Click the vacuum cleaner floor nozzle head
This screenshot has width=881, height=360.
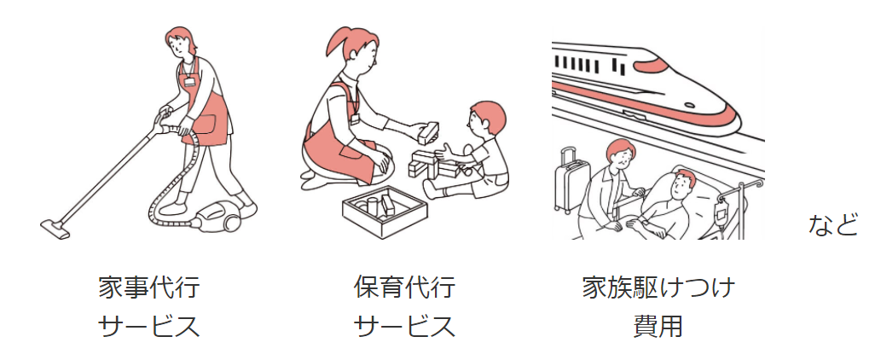pos(55,229)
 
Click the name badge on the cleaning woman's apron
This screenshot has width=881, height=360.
pos(189,81)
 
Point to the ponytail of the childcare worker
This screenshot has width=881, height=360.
pos(338,43)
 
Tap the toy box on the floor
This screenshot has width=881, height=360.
pos(385,211)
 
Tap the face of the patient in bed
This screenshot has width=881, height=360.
pos(681,188)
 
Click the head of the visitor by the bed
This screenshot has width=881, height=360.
pos(620,155)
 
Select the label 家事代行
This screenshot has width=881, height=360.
pos(149,287)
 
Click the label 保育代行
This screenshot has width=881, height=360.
pos(404,287)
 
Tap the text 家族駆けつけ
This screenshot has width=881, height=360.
pos(658,287)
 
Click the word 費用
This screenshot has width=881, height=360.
pos(658,326)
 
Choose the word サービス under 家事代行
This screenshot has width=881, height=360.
pos(149,326)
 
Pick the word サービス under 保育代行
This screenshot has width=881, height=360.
pos(404,326)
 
